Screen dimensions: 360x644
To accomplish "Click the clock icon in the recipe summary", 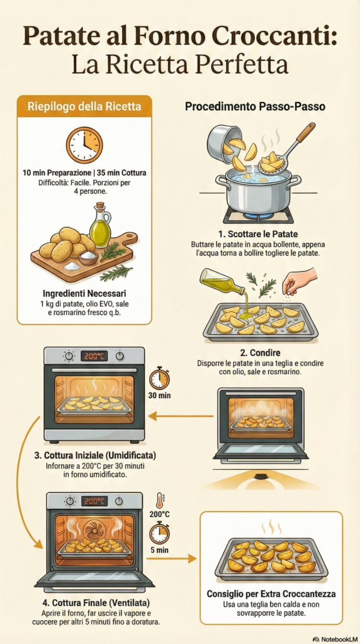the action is tap(84, 145).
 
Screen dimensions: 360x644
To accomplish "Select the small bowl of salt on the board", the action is tap(88, 257).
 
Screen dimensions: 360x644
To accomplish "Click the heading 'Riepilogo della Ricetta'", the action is tap(84, 107).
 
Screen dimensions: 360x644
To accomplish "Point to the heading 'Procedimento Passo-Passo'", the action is tap(255, 107).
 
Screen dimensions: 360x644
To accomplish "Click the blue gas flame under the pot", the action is tap(258, 215).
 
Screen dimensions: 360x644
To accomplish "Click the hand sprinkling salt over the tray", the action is tap(300, 280).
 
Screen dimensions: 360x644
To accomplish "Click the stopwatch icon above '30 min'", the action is tap(159, 379).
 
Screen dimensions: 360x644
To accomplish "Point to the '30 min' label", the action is tap(159, 396).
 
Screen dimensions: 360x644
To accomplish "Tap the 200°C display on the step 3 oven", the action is tap(94, 356).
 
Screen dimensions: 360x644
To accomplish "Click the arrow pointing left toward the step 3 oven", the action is tap(181, 416).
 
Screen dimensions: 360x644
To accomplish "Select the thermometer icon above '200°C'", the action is tap(159, 501).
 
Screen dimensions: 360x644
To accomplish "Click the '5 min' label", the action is tap(159, 550).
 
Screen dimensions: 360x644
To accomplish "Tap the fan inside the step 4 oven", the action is tap(94, 529).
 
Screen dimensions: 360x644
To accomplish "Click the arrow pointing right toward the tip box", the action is tap(171, 558).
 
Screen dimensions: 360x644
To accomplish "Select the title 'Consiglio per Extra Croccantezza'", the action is tap(271, 594).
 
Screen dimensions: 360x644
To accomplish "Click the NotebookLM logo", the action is tap(334, 639).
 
